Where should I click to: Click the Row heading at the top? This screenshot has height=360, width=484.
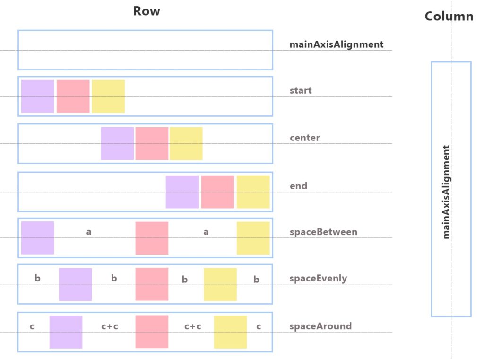(x=147, y=11)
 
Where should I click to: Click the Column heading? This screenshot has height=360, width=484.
(x=449, y=17)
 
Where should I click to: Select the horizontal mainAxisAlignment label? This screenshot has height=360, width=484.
(x=337, y=45)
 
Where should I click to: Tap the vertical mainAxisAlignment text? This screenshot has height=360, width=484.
(x=446, y=192)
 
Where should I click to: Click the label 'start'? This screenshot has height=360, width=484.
(x=301, y=91)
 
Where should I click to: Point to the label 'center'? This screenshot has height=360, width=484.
(x=304, y=138)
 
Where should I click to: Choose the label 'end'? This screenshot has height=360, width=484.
(x=298, y=186)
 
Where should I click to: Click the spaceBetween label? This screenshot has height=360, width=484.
(x=323, y=232)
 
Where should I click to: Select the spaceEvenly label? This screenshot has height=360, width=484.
(x=318, y=279)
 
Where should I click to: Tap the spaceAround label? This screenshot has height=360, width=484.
(x=320, y=326)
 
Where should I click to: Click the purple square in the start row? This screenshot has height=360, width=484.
(x=38, y=97)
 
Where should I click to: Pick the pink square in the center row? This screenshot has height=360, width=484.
(x=152, y=144)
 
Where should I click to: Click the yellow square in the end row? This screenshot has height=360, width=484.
(x=253, y=192)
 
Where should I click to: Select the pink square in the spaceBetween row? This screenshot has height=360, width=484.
(x=152, y=238)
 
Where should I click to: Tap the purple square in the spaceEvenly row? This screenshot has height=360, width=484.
(x=75, y=284)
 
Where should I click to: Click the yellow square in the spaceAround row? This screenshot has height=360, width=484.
(x=230, y=332)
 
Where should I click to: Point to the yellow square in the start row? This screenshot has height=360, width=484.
(x=108, y=97)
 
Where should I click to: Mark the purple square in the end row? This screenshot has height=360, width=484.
(x=182, y=192)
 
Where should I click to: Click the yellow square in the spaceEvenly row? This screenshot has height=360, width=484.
(x=220, y=284)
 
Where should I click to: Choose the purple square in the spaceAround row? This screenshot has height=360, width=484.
(x=66, y=332)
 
